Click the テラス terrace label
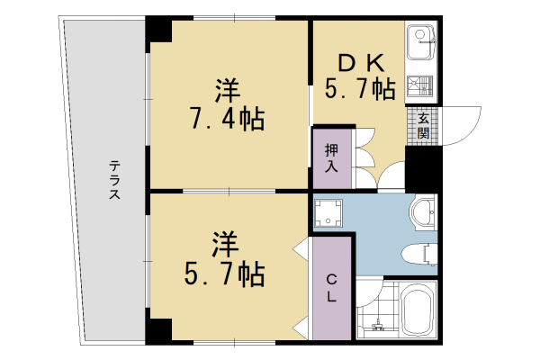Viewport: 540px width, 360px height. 115,179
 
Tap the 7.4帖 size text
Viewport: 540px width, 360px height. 228,119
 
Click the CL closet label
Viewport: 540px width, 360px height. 331,287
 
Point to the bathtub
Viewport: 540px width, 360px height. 418,310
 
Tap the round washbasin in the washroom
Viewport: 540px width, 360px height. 422,212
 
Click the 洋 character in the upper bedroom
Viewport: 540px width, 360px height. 227,91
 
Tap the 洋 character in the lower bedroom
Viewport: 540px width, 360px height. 225,243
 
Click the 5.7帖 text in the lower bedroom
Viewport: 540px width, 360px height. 225,273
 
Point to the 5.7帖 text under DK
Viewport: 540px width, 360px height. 361,88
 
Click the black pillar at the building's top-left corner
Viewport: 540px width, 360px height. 158,31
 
